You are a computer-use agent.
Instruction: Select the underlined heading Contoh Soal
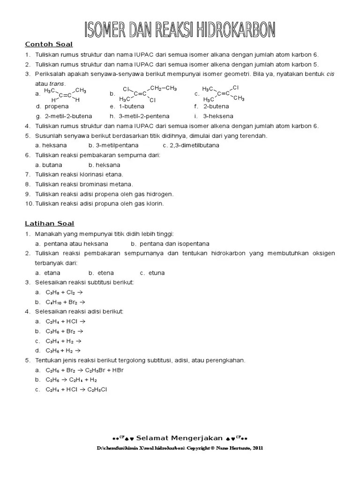click(49, 45)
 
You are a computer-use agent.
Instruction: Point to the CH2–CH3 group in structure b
click(163, 88)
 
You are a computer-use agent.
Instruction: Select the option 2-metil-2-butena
click(68, 116)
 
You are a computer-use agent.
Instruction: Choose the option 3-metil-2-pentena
click(144, 116)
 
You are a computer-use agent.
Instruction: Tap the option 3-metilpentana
click(118, 145)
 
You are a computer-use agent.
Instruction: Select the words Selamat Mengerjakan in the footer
click(181, 438)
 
